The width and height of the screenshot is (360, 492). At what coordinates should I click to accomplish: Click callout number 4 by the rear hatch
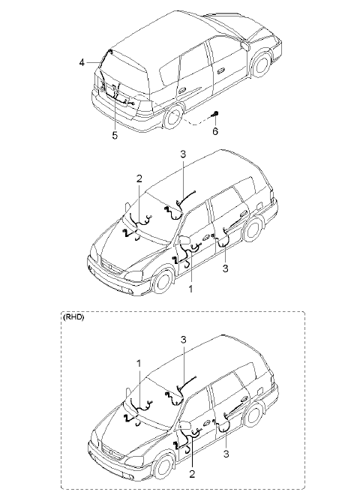(x=82, y=63)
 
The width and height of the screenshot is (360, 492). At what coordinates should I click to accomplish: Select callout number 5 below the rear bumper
(x=115, y=136)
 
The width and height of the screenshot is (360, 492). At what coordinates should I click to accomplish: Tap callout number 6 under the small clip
(x=215, y=131)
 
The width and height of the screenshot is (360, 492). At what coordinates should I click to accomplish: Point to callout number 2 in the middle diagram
(x=139, y=178)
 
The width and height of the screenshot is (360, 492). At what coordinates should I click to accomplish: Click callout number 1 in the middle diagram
(x=190, y=289)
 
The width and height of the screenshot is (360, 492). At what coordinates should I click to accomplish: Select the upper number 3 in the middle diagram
(x=183, y=154)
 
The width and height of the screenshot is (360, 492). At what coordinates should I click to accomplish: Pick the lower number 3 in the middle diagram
(x=225, y=268)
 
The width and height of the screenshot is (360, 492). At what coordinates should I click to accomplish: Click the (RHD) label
(x=73, y=317)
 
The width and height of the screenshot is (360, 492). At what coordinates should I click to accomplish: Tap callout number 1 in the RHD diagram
(x=139, y=364)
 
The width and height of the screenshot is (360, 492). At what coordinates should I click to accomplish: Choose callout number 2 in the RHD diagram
(x=192, y=474)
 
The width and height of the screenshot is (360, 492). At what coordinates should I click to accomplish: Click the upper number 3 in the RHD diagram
(x=183, y=340)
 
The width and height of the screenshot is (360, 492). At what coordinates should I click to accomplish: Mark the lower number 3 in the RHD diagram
(x=226, y=454)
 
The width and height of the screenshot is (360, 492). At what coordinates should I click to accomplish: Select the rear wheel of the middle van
(x=253, y=229)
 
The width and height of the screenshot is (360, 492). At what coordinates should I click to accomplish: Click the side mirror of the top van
(x=245, y=45)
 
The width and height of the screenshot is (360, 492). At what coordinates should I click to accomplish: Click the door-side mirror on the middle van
(x=184, y=240)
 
